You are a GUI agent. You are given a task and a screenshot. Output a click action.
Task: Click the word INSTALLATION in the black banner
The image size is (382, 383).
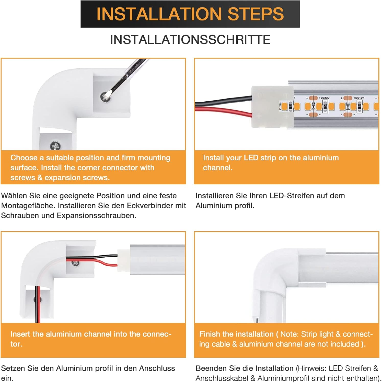point(159,14)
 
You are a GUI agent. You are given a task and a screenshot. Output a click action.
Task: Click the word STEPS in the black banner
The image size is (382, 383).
point(256,14)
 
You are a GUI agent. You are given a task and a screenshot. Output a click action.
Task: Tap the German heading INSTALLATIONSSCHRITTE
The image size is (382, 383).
point(190,40)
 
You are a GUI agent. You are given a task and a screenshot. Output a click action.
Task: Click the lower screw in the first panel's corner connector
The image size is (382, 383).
point(55,146)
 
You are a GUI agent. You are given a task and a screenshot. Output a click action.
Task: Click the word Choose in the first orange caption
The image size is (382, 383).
point(24,158)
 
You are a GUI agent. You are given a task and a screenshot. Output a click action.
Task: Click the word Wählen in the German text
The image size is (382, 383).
point(14,196)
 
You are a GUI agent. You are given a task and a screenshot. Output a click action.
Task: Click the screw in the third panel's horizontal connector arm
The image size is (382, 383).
point(75,262)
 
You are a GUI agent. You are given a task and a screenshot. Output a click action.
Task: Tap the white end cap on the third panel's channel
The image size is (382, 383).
point(123,260)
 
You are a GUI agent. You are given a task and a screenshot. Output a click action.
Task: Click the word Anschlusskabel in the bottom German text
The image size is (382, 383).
point(222,378)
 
